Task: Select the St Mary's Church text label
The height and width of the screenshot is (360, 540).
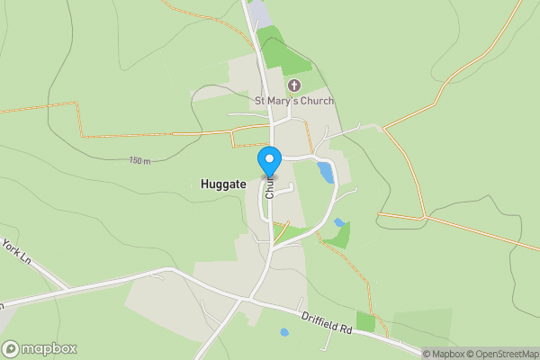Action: [294, 100]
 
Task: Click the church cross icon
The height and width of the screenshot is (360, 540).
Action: [293, 85]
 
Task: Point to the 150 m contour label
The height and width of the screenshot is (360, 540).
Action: [139, 160]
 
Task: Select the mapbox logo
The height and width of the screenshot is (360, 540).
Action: [40, 348]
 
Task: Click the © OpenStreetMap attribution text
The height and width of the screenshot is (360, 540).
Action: [501, 354]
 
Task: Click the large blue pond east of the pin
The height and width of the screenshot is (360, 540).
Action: [325, 171]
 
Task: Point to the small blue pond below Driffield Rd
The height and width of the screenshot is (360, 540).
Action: [284, 332]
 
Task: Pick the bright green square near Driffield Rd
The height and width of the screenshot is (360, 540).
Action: [365, 321]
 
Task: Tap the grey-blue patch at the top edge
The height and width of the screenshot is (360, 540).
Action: [259, 13]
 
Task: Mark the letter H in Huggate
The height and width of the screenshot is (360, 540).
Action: [204, 183]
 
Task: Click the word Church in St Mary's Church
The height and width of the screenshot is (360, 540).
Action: [316, 100]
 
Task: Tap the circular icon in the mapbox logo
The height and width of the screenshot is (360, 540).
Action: [12, 348]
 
